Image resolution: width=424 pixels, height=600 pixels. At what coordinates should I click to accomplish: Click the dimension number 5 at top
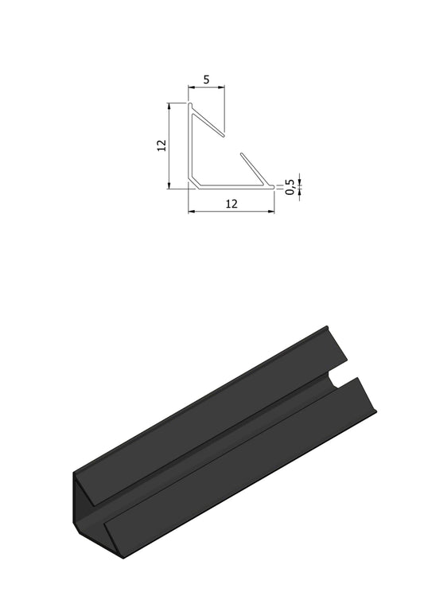coord(207,80)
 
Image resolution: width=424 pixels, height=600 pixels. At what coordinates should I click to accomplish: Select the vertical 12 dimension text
coord(161,145)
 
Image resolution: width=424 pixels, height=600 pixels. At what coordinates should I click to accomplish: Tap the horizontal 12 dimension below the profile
coord(231,204)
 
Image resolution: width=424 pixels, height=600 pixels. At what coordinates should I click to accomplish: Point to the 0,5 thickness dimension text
coord(291,186)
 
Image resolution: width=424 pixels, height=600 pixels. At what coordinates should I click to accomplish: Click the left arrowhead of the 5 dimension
coord(191,88)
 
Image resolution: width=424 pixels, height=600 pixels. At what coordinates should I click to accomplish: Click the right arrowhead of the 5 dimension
coord(223,88)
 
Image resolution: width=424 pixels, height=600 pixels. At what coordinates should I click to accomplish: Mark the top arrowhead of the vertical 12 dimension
coord(169,105)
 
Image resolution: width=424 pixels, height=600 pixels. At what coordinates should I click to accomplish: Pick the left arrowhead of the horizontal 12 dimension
coord(191,212)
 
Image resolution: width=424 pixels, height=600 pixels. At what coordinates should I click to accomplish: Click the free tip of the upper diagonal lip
coord(224,131)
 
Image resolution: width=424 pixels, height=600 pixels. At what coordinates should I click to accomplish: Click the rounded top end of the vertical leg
coord(191,104)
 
